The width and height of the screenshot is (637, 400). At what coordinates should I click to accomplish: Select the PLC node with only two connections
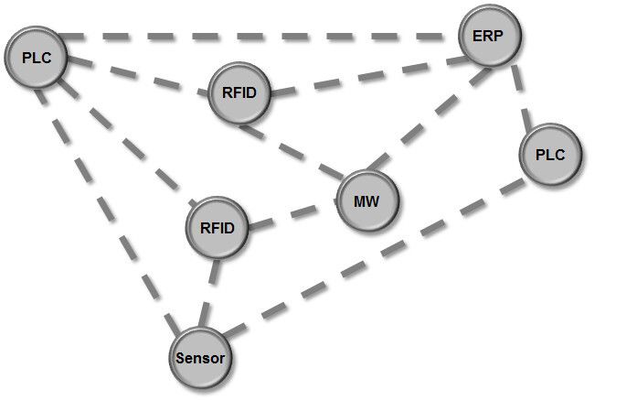(x=552, y=155)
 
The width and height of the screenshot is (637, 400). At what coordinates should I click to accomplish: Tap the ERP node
(x=491, y=36)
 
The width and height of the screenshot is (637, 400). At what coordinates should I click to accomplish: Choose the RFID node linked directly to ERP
(x=240, y=92)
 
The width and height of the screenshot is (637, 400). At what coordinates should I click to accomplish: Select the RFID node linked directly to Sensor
(x=218, y=227)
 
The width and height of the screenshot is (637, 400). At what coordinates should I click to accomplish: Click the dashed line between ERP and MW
(x=430, y=119)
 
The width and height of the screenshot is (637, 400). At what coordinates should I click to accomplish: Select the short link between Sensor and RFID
(x=209, y=291)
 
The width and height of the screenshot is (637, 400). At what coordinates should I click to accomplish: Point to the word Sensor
(x=200, y=356)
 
